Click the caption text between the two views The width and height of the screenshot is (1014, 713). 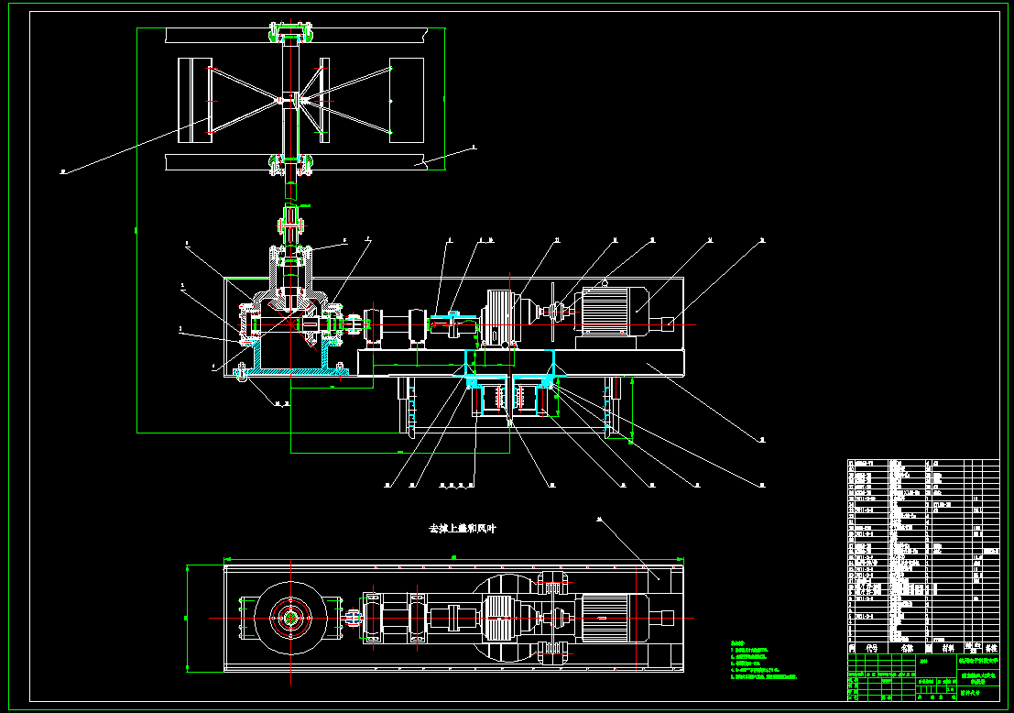point(463,529)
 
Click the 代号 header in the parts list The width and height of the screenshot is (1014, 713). point(872,647)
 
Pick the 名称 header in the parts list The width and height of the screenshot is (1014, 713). point(907,647)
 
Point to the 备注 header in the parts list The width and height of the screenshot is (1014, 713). point(988,647)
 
